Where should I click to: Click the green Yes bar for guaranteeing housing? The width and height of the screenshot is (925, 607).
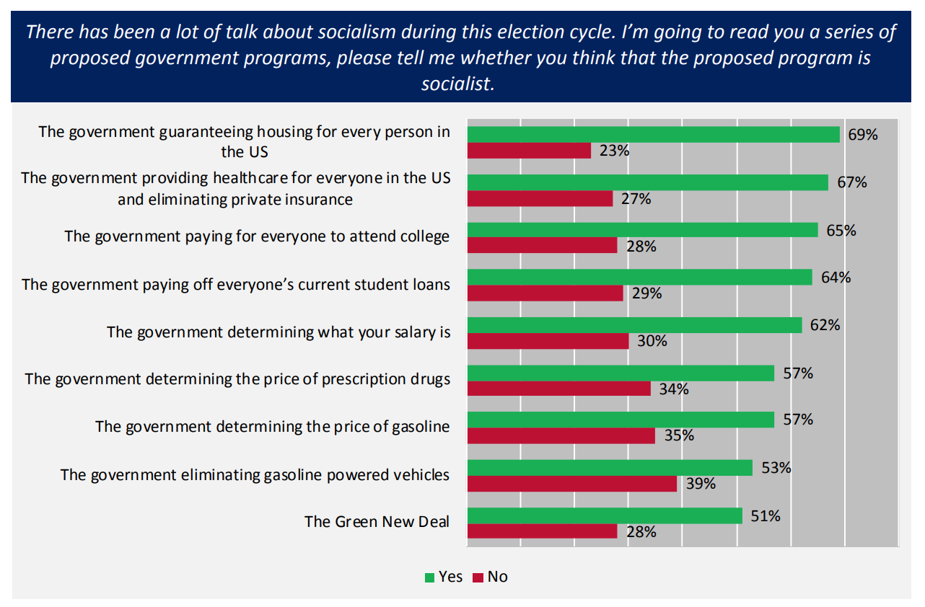(x=653, y=134)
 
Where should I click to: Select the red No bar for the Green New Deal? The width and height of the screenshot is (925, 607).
(x=542, y=531)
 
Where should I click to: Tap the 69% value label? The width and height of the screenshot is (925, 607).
(x=863, y=134)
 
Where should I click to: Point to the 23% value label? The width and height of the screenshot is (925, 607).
(x=615, y=151)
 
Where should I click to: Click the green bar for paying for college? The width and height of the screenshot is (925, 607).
(x=642, y=230)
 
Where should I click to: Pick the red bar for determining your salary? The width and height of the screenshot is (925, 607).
(x=548, y=341)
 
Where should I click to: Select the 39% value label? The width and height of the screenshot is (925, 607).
(x=701, y=484)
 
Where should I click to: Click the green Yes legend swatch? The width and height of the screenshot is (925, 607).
(x=430, y=577)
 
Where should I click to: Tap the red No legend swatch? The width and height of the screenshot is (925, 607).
(x=478, y=577)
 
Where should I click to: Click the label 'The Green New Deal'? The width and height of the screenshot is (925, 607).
(x=377, y=521)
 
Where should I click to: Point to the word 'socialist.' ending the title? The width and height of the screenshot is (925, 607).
(x=458, y=84)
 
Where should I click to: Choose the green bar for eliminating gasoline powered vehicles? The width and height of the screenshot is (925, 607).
(x=610, y=468)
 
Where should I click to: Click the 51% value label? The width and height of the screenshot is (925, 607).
(x=766, y=516)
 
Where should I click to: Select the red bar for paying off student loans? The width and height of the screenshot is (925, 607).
(x=545, y=293)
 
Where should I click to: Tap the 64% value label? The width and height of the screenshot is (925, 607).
(x=836, y=278)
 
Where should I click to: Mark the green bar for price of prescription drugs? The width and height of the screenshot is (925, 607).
(x=621, y=373)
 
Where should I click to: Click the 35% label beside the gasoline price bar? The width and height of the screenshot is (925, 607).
(x=679, y=435)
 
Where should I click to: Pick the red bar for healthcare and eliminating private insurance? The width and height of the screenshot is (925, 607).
(x=540, y=198)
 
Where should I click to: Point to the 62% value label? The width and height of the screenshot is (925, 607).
(x=825, y=325)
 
